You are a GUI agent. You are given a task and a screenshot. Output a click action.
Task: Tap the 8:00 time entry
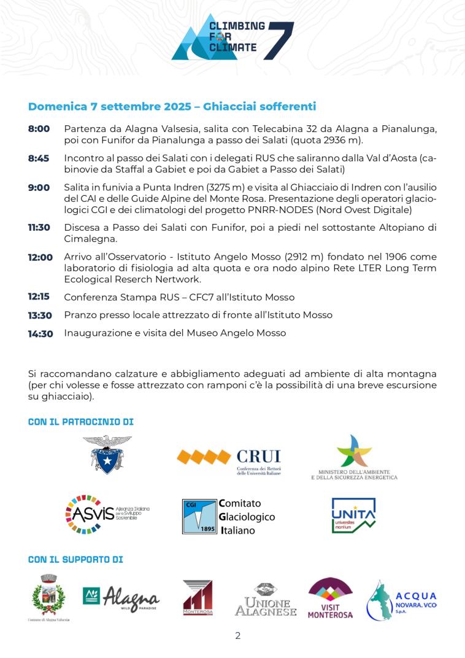tap(39, 129)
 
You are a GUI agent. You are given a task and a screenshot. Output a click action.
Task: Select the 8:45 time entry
tap(39, 158)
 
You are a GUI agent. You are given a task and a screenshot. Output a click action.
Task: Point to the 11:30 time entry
tap(39, 228)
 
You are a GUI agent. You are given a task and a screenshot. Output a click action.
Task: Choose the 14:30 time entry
tap(40, 333)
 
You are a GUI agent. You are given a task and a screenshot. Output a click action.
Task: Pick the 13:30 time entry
tap(40, 315)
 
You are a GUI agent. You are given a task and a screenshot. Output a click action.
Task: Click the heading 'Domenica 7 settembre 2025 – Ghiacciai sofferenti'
tap(172, 107)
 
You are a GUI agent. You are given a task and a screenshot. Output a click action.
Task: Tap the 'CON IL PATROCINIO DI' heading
tap(81, 422)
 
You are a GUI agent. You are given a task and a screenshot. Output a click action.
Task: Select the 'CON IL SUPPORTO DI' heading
tap(75, 560)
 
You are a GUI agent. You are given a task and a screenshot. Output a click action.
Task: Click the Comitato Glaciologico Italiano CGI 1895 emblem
tap(200, 516)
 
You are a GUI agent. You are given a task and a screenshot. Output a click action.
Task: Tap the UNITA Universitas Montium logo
tap(353, 515)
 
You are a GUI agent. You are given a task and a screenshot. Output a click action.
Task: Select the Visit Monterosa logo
tap(330, 597)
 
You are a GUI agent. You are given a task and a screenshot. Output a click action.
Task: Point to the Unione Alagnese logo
tap(266, 600)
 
